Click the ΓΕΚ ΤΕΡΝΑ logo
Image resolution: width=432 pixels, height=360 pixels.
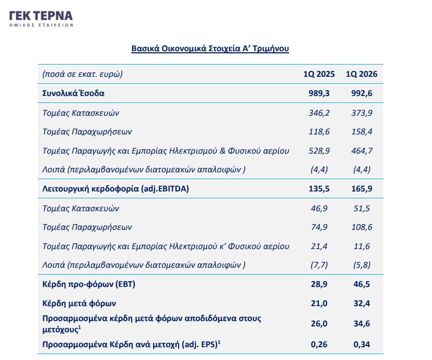[41, 19]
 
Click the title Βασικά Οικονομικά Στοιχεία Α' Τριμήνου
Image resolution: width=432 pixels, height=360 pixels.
[210, 49]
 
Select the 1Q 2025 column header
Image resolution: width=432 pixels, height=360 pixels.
[319, 74]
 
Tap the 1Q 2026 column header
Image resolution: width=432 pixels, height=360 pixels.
[362, 74]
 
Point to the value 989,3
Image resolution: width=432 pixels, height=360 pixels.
[319, 93]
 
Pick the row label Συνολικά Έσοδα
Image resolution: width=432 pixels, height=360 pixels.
[73, 93]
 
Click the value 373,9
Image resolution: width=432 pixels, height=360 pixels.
[362, 113]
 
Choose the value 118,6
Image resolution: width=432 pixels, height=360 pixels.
[319, 132]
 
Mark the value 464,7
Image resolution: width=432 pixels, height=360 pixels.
[362, 151]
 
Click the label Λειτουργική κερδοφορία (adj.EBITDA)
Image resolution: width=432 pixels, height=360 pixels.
[116, 189]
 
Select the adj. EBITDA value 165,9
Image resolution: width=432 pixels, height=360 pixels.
[362, 189]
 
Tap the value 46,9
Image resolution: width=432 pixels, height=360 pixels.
[319, 208]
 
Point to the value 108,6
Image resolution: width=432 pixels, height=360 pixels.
[362, 227]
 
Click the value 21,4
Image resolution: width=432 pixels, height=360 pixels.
[319, 246]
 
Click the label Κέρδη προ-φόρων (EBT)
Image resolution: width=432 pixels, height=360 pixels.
[89, 284]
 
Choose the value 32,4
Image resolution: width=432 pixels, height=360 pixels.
[362, 303]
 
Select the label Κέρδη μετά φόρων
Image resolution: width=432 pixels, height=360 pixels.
[79, 303]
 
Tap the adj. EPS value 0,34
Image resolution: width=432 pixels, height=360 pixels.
[362, 345]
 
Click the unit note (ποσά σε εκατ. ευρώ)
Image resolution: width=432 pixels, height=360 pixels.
[82, 74]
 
